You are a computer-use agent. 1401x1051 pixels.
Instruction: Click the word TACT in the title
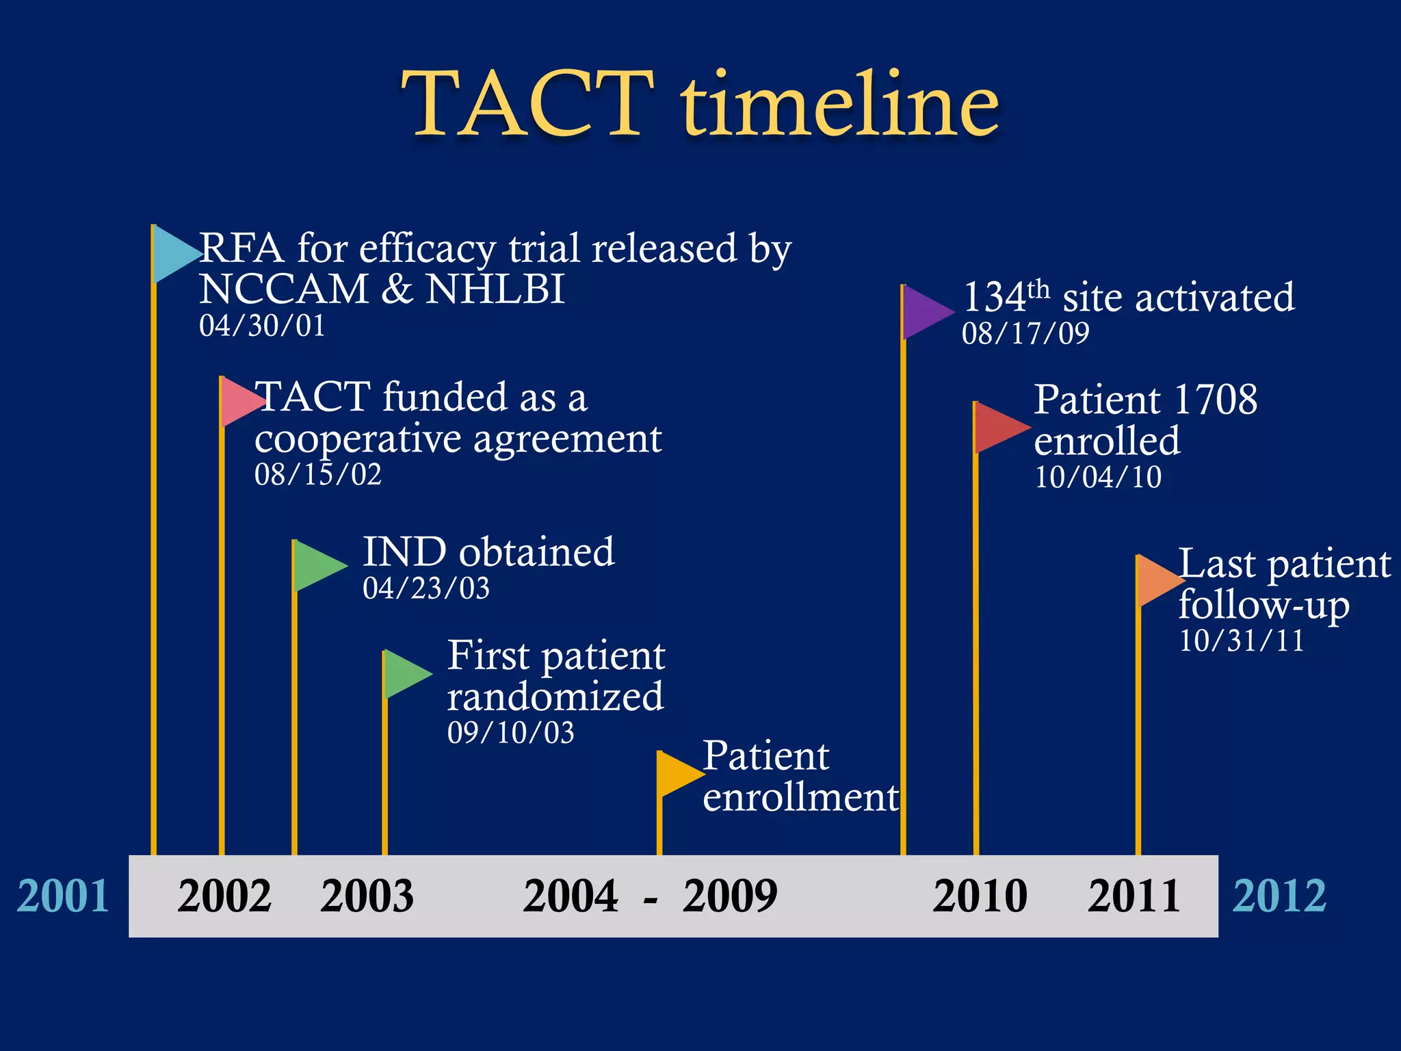point(527,104)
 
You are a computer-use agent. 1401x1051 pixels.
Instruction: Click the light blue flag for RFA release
point(173,254)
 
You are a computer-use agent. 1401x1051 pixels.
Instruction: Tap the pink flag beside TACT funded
point(239,402)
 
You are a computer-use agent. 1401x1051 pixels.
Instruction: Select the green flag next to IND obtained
point(316,566)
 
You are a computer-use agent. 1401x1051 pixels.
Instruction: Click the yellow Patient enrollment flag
point(677,774)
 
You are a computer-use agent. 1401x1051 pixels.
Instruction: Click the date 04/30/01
point(262,326)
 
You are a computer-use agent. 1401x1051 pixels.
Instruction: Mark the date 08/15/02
point(318,475)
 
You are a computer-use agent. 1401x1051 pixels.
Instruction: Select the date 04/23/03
point(426,588)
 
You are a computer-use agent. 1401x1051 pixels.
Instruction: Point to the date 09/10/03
point(511,733)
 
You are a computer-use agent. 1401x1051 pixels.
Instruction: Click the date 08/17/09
point(1025,334)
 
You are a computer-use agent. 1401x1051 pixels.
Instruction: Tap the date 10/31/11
point(1242,641)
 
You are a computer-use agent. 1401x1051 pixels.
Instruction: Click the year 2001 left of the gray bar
point(63,896)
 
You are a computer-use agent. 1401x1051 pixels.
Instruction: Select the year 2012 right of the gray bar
point(1279,896)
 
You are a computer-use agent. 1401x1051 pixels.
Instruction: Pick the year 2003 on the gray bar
point(367,896)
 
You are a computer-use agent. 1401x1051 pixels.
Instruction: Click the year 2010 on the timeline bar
point(980,896)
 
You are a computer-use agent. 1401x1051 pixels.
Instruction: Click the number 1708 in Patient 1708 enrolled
point(1215,400)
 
